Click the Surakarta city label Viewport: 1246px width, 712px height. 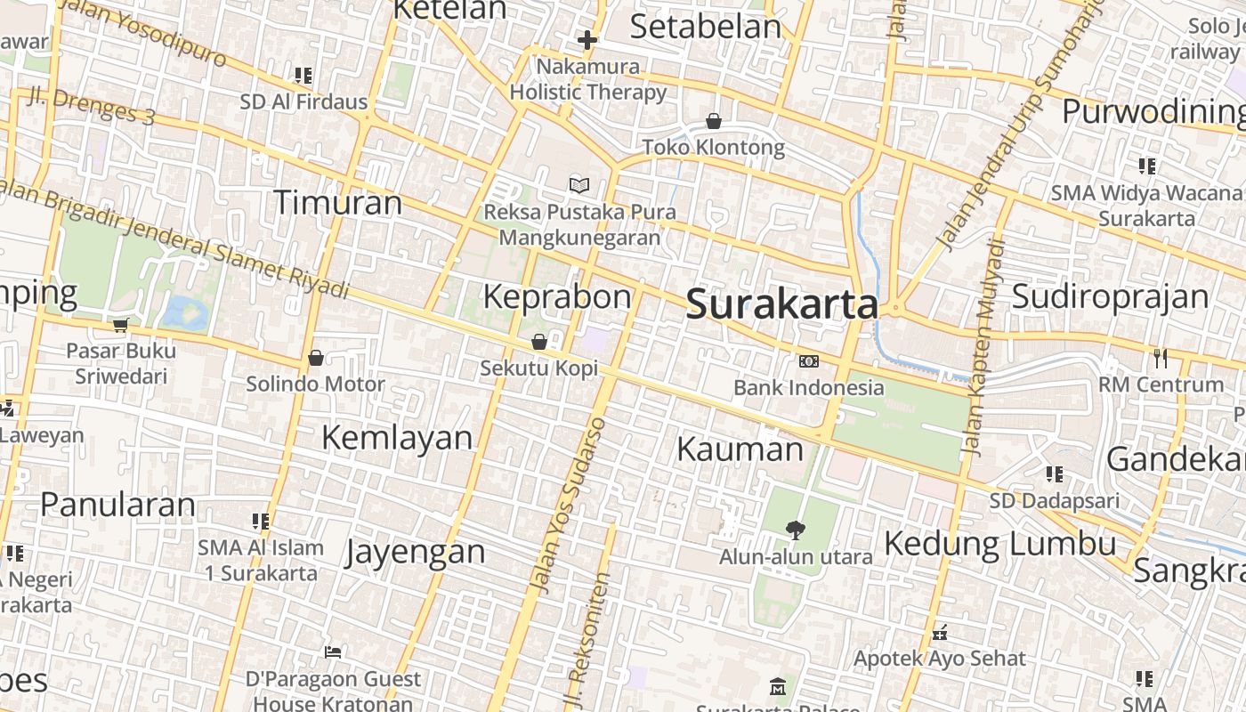pos(782,304)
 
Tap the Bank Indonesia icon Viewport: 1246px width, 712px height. pos(809,361)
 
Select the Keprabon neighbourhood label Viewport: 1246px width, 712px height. pos(557,296)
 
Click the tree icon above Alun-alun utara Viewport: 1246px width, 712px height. pos(796,530)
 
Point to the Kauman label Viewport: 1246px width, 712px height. pos(740,449)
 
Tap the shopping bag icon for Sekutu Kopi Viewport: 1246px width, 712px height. pos(539,342)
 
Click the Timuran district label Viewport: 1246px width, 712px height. pos(337,203)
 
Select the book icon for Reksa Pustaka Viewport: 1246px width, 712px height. pos(579,186)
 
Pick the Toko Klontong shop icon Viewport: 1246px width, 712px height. pos(714,121)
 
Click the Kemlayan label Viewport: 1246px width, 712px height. pos(397,437)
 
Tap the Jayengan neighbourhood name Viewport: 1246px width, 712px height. pos(416,552)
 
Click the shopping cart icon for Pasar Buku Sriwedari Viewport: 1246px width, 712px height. pos(121,325)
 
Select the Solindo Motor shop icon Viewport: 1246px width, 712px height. pos(315,358)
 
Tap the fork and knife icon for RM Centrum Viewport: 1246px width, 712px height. pos(1161,358)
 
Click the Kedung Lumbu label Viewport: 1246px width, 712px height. pos(1000,543)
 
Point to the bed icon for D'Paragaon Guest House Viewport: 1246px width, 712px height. pos(333,652)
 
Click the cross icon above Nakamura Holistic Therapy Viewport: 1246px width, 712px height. pos(587,40)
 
